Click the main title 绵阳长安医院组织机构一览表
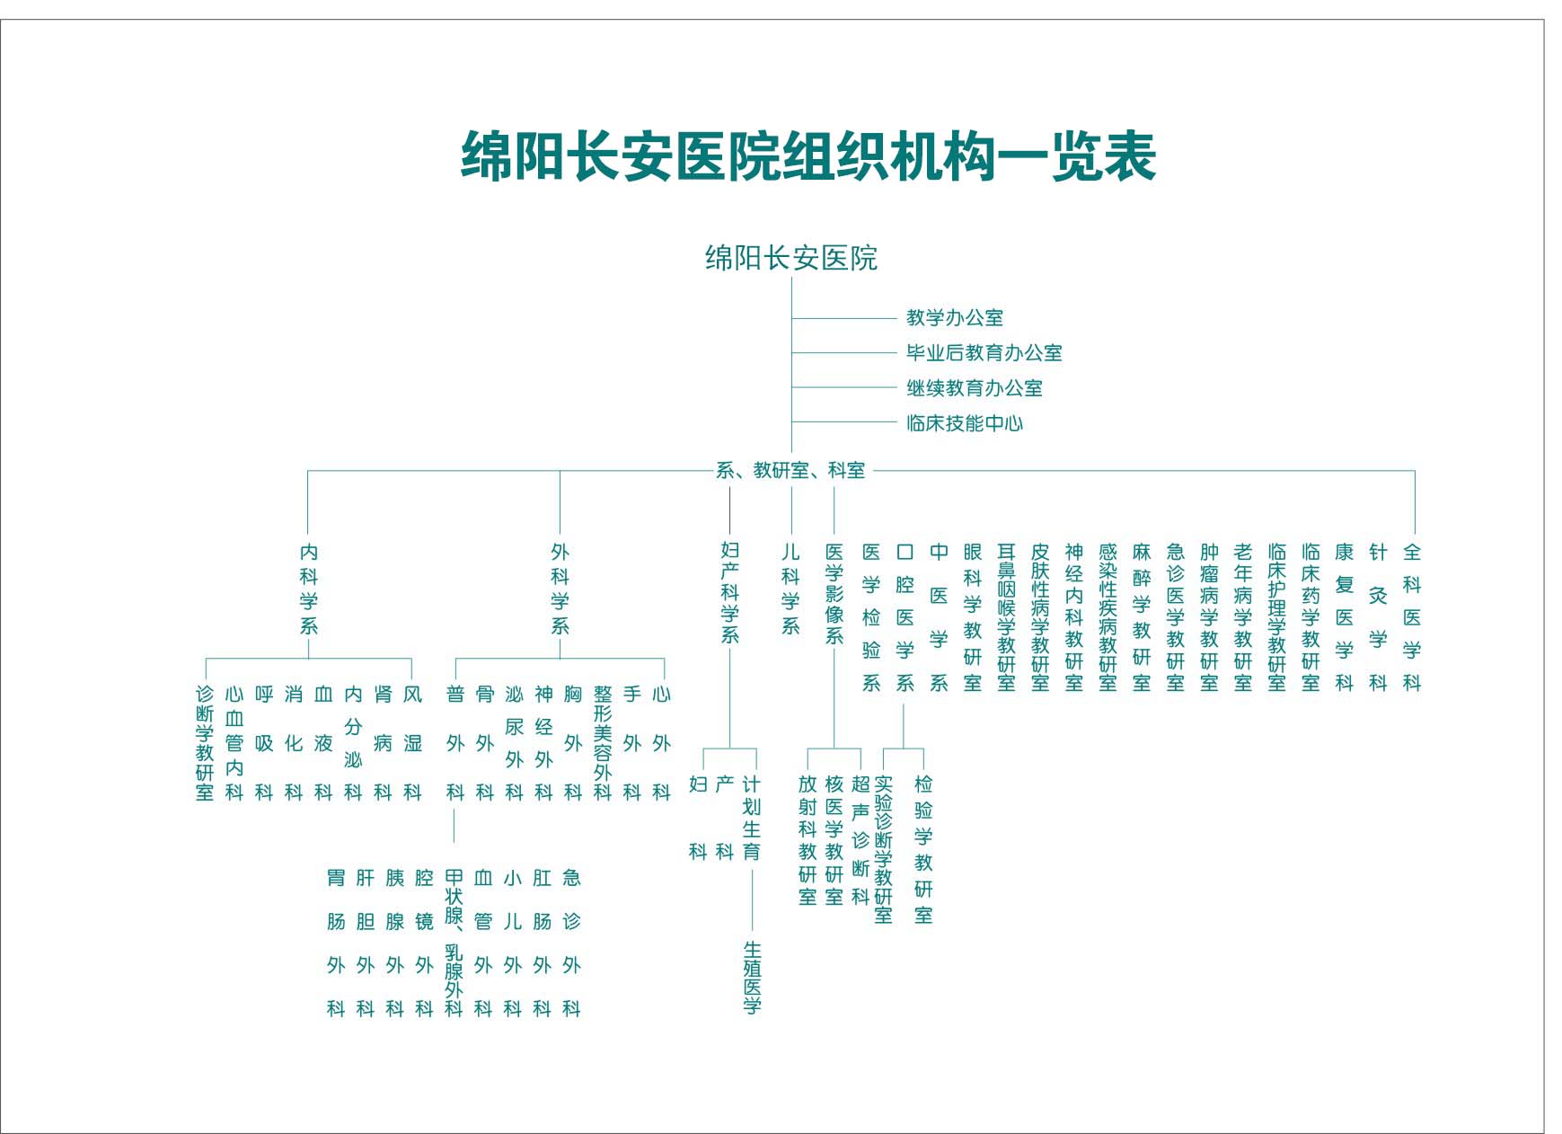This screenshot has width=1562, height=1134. (807, 156)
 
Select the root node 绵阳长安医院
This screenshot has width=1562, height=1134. (790, 258)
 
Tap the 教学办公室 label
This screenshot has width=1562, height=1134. (955, 317)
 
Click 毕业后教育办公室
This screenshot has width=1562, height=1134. (984, 352)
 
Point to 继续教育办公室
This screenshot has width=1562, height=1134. (975, 388)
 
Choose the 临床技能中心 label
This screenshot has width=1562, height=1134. (965, 423)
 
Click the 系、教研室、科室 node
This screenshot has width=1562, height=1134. (790, 470)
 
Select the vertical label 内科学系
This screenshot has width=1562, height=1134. (308, 589)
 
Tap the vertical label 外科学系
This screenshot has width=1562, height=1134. (560, 589)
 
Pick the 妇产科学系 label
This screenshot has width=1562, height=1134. (729, 592)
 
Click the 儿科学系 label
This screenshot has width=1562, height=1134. (790, 589)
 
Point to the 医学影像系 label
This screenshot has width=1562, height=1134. (834, 593)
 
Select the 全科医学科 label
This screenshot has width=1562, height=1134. (1412, 617)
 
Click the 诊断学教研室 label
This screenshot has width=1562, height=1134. (205, 743)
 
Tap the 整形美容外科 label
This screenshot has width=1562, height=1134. (602, 743)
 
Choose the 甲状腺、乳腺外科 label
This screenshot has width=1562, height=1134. (454, 943)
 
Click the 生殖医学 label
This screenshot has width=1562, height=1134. (752, 978)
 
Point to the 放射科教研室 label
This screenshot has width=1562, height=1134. (807, 839)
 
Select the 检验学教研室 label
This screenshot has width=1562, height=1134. (923, 849)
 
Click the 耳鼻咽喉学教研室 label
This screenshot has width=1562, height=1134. (1006, 617)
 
